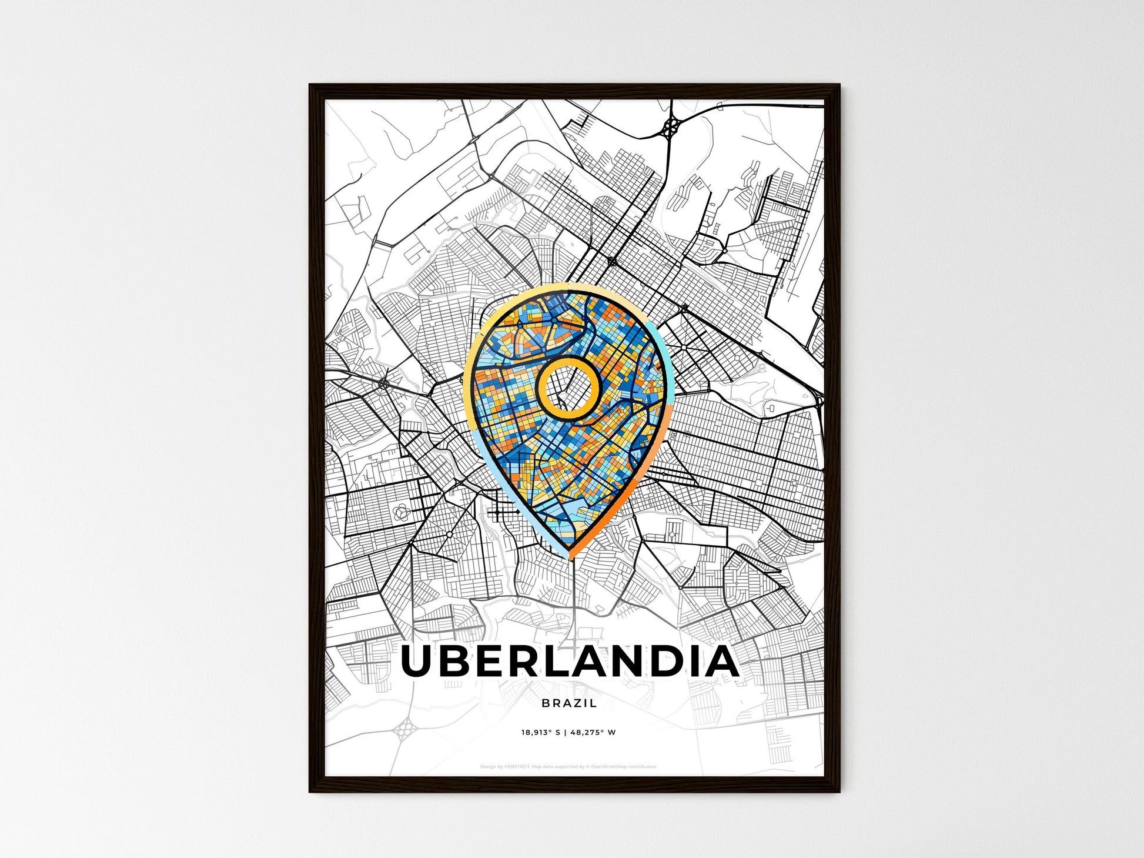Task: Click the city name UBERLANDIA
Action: click(569, 662)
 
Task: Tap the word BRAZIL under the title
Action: click(569, 703)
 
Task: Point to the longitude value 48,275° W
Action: click(595, 733)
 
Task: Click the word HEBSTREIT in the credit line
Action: click(517, 767)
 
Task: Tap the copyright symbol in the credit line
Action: click(587, 767)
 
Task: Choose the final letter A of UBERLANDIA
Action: click(722, 662)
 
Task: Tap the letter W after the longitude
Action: click(612, 733)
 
